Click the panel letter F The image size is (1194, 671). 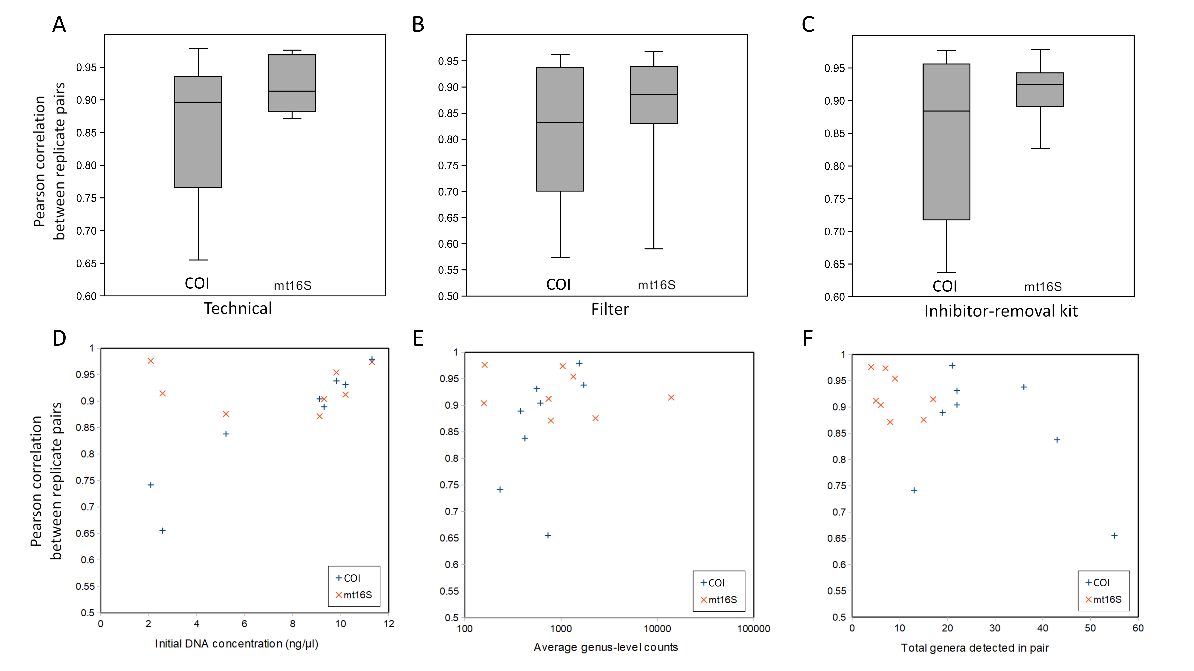[x=808, y=338]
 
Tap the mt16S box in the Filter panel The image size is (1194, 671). [x=654, y=95]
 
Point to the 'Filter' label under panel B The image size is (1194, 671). [x=610, y=309]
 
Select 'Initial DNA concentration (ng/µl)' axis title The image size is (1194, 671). [x=236, y=644]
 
